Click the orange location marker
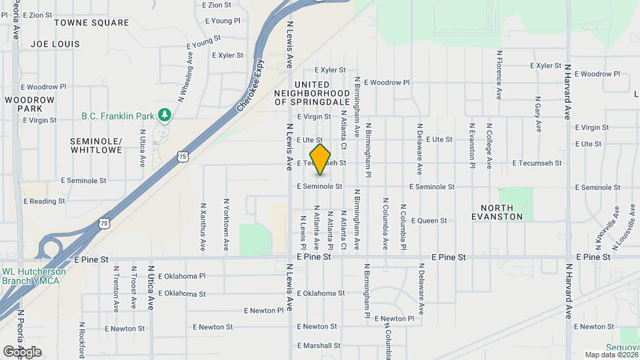[321, 159]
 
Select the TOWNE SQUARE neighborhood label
[91, 23]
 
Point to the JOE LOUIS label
[55, 44]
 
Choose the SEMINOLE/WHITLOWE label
[97, 146]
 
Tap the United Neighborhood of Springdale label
[312, 93]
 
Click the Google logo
[22, 352]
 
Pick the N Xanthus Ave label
[203, 225]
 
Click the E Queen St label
[428, 221]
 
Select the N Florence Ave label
[499, 75]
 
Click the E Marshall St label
[319, 345]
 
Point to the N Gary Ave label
[537, 113]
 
